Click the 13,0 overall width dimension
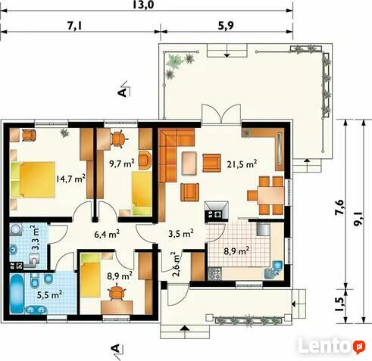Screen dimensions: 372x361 coord(143,5)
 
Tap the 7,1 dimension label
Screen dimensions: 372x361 coord(75,26)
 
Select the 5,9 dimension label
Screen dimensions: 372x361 coord(226,26)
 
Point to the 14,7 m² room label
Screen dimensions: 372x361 coord(70,179)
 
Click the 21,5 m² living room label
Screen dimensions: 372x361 coord(242,164)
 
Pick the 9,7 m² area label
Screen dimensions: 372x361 coord(121,163)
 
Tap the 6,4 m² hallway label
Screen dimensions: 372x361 coord(107,234)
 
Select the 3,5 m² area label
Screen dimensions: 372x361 coord(181,233)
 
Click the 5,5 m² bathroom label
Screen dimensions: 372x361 coord(49,294)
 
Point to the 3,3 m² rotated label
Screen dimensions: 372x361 coord(35,238)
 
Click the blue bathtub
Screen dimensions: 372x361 coord(17,294)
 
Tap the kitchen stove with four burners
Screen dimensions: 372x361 coord(214,274)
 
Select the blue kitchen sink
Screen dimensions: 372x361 coord(274,269)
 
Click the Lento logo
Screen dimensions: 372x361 coord(332,346)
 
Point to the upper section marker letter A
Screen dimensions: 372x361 coord(122,92)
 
